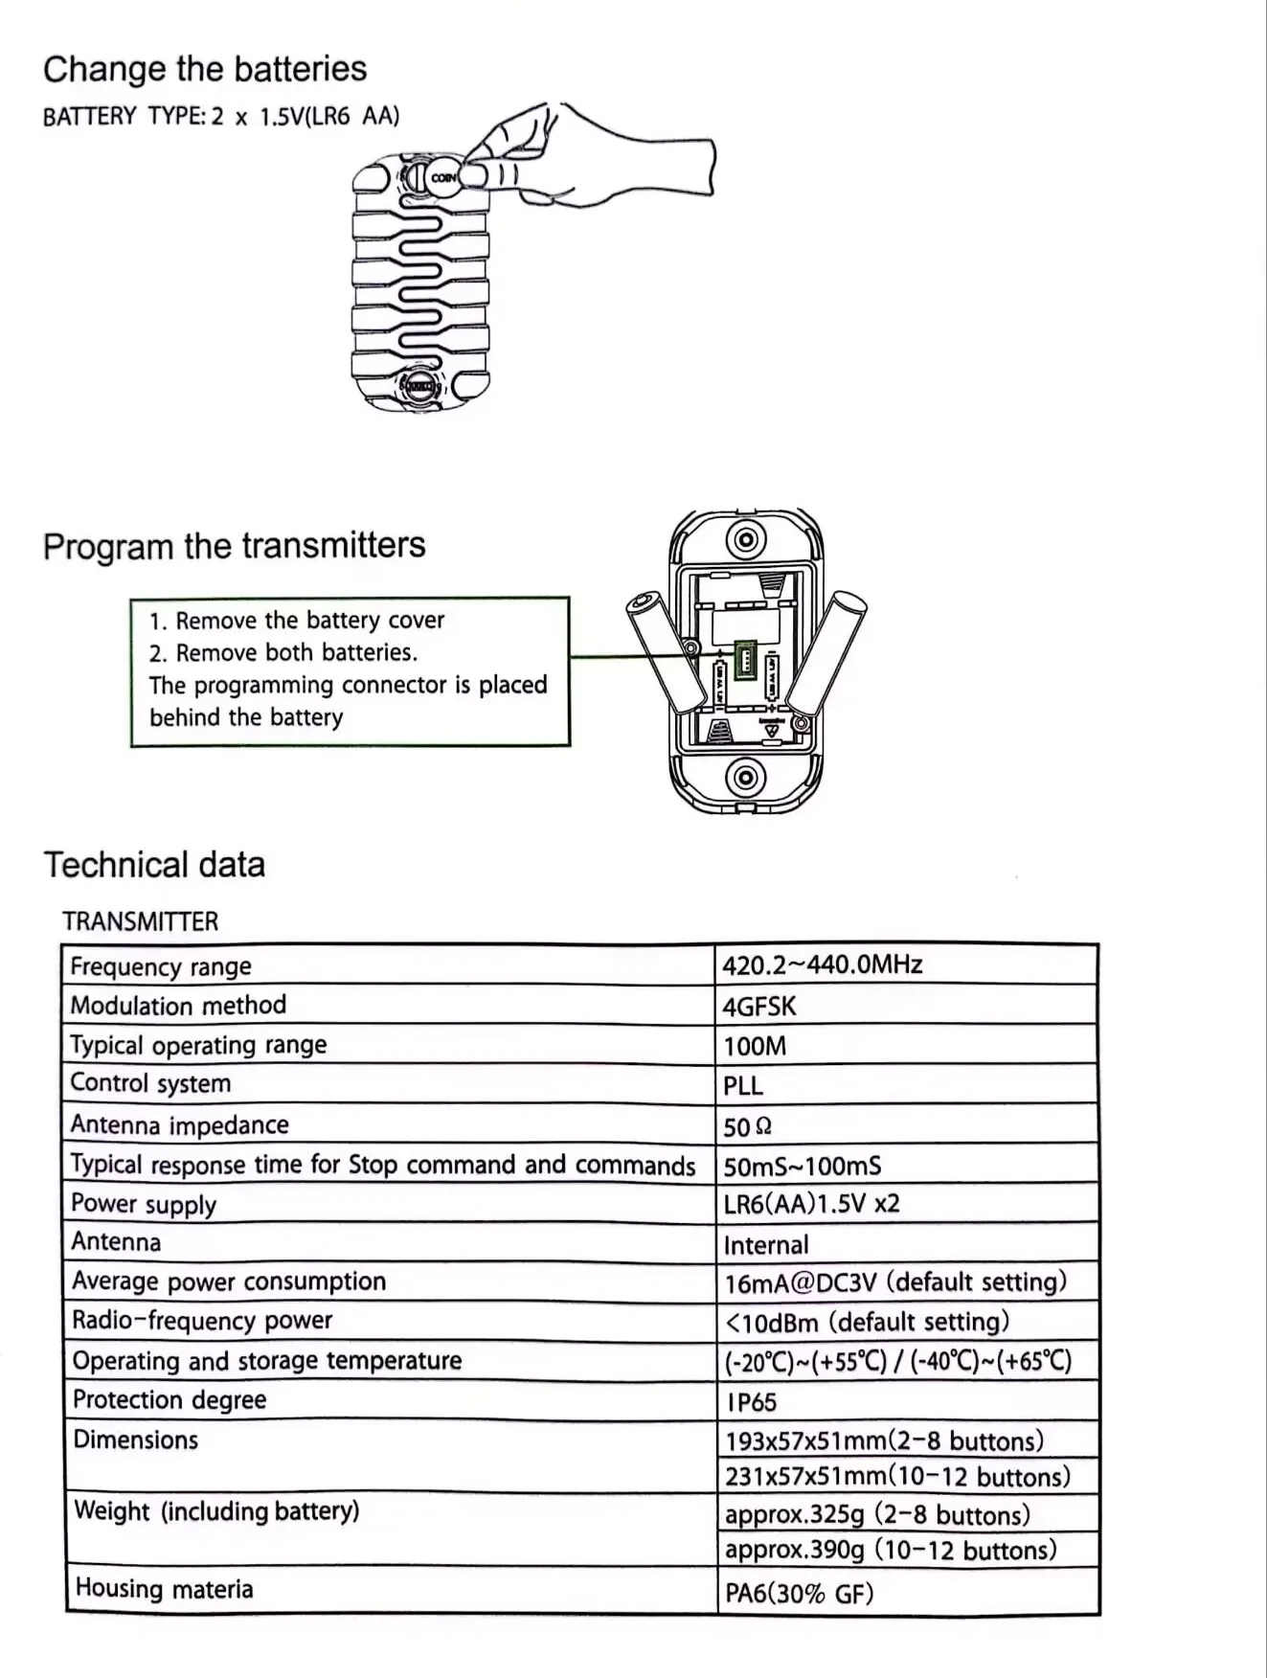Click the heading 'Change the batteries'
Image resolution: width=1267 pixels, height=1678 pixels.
pyautogui.click(x=204, y=69)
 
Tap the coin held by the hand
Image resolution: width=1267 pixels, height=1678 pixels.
pyautogui.click(x=443, y=178)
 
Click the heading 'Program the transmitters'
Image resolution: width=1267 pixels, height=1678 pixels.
pyautogui.click(x=234, y=545)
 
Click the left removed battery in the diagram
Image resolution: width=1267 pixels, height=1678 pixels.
pyautogui.click(x=661, y=652)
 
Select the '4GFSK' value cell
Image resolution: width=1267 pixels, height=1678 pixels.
pyautogui.click(x=759, y=1006)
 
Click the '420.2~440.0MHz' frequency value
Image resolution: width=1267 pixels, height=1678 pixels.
pyautogui.click(x=822, y=964)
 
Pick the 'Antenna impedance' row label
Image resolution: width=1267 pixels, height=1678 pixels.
pyautogui.click(x=179, y=1124)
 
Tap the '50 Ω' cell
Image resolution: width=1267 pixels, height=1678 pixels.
pyautogui.click(x=747, y=1127)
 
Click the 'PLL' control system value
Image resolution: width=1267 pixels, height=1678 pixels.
pyautogui.click(x=743, y=1086)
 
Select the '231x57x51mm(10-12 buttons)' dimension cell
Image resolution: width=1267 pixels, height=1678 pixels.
pyautogui.click(x=897, y=1476)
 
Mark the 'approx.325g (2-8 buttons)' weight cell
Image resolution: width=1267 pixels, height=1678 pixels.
pyautogui.click(x=877, y=1515)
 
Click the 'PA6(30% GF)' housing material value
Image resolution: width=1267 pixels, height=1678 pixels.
pyautogui.click(x=799, y=1594)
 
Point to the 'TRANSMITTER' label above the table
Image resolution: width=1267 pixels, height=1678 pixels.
pyautogui.click(x=140, y=921)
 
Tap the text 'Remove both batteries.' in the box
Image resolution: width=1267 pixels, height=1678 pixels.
pyautogui.click(x=296, y=653)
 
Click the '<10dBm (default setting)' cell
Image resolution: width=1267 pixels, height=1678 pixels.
pyautogui.click(x=867, y=1323)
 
